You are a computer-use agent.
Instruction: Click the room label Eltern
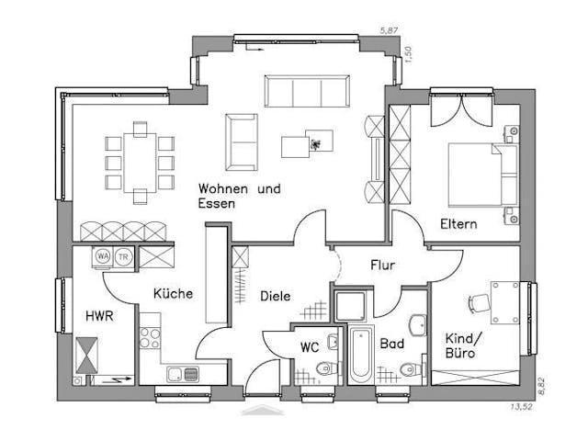(458, 224)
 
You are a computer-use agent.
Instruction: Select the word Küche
(173, 294)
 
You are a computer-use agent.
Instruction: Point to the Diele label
(275, 296)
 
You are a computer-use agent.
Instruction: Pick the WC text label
(311, 347)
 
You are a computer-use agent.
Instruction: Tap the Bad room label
(392, 344)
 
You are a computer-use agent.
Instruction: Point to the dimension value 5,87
(392, 30)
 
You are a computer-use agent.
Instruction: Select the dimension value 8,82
(541, 383)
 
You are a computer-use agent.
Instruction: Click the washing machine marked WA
(102, 256)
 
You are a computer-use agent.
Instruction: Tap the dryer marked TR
(123, 256)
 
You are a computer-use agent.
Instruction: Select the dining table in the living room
(140, 163)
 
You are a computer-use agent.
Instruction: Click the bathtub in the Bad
(359, 354)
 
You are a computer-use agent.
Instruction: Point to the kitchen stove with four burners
(149, 336)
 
